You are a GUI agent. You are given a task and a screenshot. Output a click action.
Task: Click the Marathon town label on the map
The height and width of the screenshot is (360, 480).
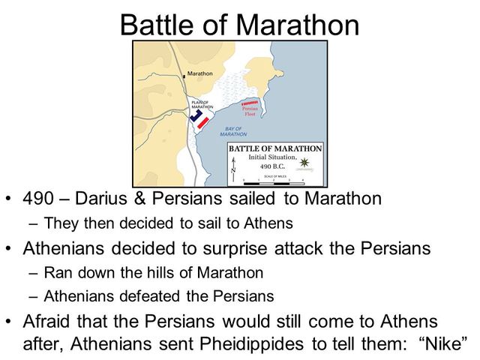pos(199,74)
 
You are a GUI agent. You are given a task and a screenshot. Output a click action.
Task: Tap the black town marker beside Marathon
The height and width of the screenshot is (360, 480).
pos(184,75)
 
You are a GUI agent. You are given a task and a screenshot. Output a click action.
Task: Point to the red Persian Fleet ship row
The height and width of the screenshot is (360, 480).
pos(249,103)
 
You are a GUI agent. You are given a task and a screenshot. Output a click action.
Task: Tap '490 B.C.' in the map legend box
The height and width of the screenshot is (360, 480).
pos(271,166)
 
